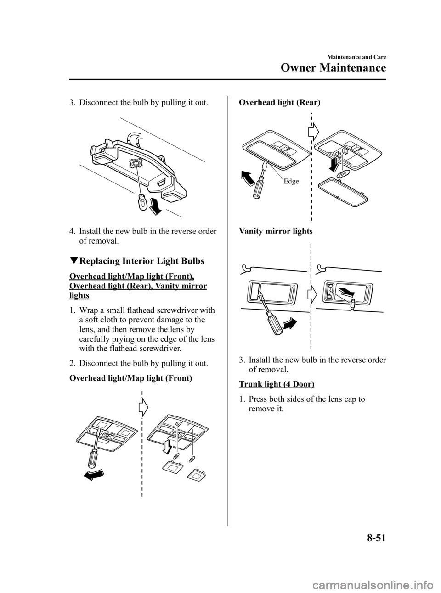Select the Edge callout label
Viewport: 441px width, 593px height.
291,182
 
